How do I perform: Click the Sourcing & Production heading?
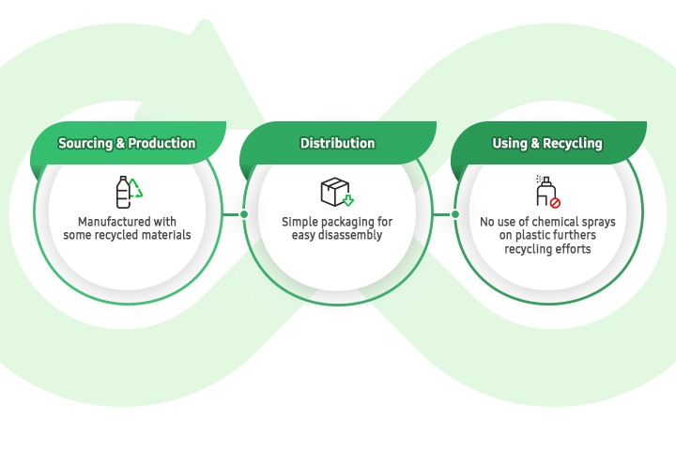click(x=127, y=144)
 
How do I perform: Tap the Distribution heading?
click(x=337, y=144)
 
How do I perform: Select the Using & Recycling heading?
click(x=547, y=144)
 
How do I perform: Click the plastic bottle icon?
click(x=123, y=192)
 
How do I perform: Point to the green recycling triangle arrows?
click(x=136, y=188)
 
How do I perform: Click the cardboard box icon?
click(x=333, y=192)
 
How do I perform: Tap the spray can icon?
click(x=544, y=191)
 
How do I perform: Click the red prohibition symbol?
click(x=555, y=201)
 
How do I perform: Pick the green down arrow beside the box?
click(x=348, y=200)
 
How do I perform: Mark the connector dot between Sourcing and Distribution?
click(x=244, y=214)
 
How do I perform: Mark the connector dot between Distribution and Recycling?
click(x=455, y=214)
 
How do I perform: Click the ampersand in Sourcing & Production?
click(x=120, y=144)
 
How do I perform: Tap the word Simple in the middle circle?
click(x=300, y=222)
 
